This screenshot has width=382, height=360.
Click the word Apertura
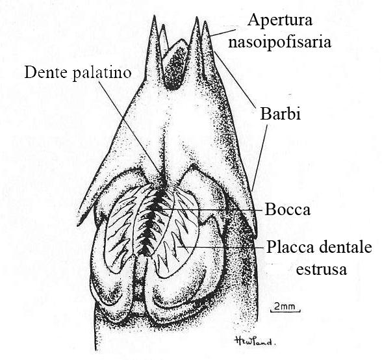point(280,20)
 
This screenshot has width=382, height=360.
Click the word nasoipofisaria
point(279,42)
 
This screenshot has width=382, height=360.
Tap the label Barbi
point(281,114)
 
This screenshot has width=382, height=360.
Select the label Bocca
point(288,210)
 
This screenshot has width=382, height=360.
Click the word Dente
point(46,72)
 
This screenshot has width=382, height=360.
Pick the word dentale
point(345,247)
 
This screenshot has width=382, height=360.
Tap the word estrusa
point(322,269)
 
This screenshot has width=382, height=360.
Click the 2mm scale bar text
point(285,306)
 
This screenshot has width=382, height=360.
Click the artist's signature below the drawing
point(255,341)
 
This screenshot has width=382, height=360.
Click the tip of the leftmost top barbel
point(154,16)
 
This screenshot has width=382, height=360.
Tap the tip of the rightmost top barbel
point(205,21)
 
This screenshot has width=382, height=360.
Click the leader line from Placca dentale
point(221,247)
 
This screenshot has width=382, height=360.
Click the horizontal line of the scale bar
point(285,311)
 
